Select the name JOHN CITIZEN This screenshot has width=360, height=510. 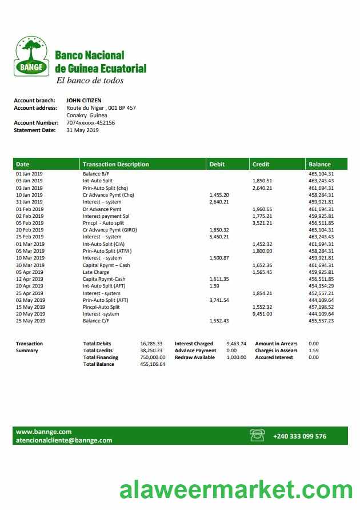click(x=84, y=101)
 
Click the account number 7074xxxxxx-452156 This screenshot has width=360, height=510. click(x=90, y=122)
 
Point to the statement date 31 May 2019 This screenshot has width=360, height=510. click(x=82, y=130)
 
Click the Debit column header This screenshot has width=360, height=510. click(x=217, y=164)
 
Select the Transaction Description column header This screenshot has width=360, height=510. click(x=115, y=164)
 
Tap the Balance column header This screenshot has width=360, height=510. click(x=319, y=164)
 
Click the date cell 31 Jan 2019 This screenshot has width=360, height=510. click(x=29, y=202)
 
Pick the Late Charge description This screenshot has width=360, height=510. click(x=96, y=272)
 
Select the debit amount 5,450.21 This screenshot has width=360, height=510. click(x=219, y=237)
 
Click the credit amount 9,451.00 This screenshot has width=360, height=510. click(x=262, y=314)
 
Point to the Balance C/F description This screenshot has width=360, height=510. click(x=95, y=321)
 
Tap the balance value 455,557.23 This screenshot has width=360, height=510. click(x=321, y=321)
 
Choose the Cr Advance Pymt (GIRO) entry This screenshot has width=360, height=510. click(x=110, y=230)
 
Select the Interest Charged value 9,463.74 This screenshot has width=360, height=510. click(x=236, y=344)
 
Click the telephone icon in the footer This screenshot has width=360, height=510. click(x=258, y=436)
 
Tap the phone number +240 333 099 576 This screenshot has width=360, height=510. click(x=300, y=436)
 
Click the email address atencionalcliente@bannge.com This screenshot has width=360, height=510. click(x=64, y=440)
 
